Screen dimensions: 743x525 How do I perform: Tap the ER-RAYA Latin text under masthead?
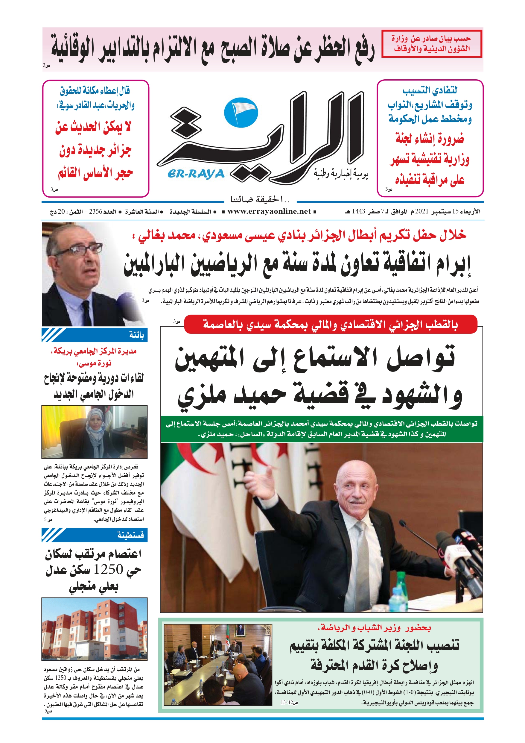click(196, 174)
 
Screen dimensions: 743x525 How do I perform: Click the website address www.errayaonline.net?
click(269, 212)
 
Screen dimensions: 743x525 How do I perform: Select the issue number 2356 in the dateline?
click(96, 212)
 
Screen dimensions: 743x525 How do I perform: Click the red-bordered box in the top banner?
click(431, 44)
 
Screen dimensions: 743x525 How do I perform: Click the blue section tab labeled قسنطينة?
click(95, 535)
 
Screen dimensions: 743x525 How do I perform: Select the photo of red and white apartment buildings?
click(95, 629)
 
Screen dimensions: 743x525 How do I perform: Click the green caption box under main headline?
click(322, 429)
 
